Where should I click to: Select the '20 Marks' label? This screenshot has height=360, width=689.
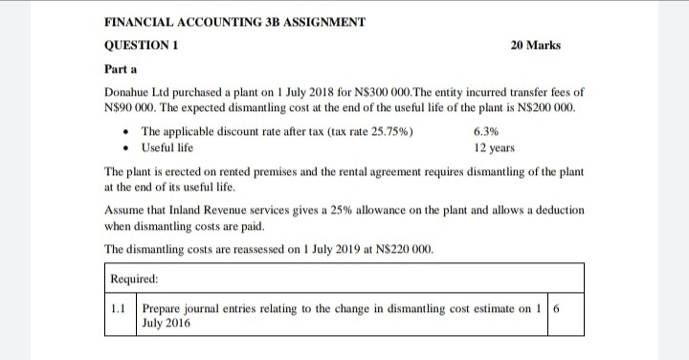pyautogui.click(x=536, y=46)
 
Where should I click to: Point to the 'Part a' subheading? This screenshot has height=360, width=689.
pyautogui.click(x=120, y=69)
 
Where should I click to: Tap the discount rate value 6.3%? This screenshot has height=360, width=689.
pyautogui.click(x=485, y=132)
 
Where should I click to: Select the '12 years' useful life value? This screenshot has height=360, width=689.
pyautogui.click(x=494, y=147)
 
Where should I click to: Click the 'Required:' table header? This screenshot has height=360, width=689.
pyautogui.click(x=134, y=280)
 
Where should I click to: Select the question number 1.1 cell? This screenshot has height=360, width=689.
pyautogui.click(x=119, y=309)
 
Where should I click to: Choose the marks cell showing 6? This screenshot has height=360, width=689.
pyautogui.click(x=557, y=309)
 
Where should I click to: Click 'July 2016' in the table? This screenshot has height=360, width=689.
pyautogui.click(x=166, y=324)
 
